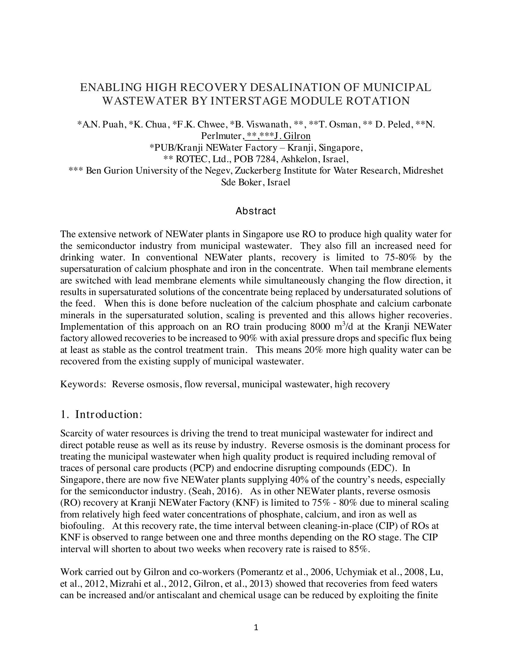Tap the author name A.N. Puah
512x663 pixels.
pos(102,124)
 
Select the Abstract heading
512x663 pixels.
pos(256,211)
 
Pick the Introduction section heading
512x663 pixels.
pos(108,414)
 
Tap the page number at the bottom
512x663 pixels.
pos(256,627)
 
